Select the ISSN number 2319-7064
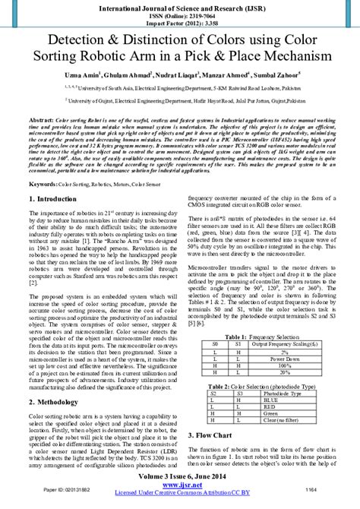(x=196, y=15)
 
